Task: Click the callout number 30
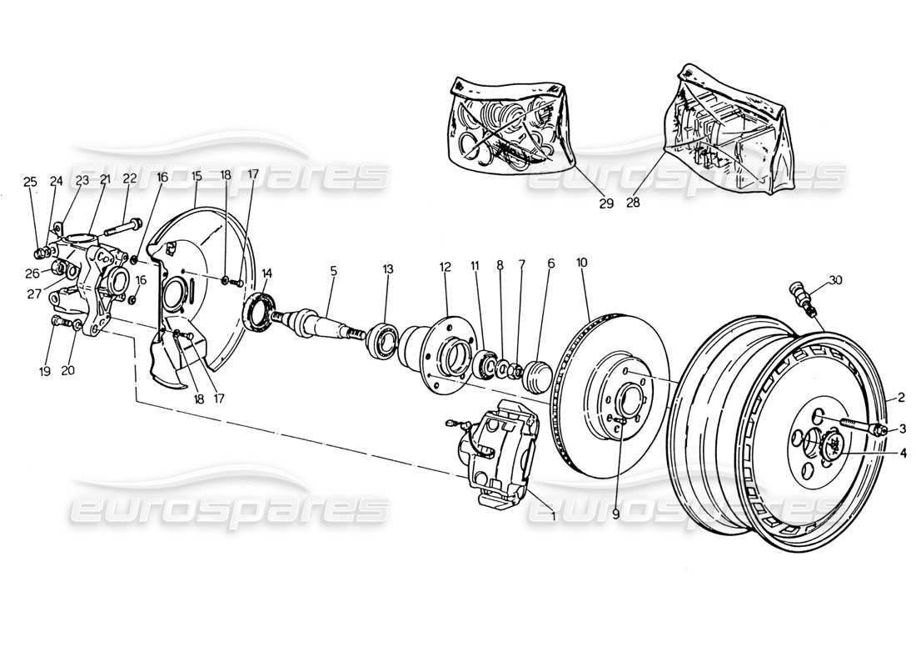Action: (836, 280)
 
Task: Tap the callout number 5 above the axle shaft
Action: (333, 270)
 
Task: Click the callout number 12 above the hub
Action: (446, 267)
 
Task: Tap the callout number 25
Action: (30, 181)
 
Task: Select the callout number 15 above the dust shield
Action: (197, 176)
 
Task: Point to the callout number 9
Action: (615, 515)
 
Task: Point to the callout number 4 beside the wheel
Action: (903, 453)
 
